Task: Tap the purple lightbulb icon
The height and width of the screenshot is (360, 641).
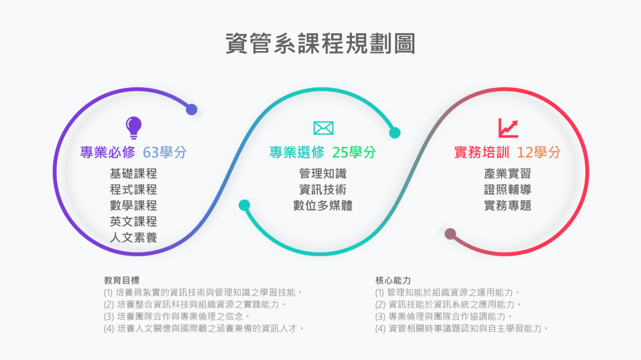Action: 134,126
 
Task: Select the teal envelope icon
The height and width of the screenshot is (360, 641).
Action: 323,128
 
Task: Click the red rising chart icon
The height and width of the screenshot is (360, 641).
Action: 507,128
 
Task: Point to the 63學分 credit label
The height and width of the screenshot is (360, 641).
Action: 165,152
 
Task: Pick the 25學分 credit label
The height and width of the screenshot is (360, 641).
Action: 354,152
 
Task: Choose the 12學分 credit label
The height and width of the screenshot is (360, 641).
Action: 539,152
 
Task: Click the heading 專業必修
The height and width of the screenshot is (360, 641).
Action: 108,152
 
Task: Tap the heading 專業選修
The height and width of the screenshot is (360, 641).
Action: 297,152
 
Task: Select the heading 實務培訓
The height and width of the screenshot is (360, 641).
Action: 481,152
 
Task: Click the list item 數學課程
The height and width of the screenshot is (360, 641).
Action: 134,206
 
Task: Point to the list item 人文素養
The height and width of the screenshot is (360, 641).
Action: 134,238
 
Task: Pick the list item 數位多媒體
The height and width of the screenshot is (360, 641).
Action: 323,206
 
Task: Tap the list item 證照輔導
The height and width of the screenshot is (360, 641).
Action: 507,190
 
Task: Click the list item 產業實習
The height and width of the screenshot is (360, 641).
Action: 507,174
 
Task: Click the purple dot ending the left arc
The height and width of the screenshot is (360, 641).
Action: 192,109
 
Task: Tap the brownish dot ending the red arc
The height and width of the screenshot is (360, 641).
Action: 450,234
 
